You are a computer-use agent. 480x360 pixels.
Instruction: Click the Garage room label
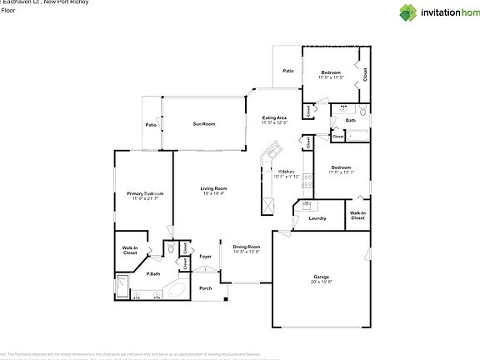click(322, 276)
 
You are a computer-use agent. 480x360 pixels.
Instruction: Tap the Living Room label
click(214, 188)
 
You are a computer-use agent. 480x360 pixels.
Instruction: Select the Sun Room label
click(204, 123)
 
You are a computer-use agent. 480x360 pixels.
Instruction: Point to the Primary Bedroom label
click(145, 193)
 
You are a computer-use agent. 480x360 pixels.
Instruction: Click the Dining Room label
click(247, 247)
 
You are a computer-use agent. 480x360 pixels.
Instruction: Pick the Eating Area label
click(275, 118)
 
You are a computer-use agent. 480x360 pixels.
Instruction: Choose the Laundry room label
click(317, 218)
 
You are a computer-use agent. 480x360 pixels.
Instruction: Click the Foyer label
click(206, 256)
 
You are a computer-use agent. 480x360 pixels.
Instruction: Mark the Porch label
click(205, 288)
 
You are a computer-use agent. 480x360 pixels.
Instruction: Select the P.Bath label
click(153, 274)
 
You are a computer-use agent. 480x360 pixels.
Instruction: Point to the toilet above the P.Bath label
click(169, 248)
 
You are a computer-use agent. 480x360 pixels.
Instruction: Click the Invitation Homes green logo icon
click(407, 12)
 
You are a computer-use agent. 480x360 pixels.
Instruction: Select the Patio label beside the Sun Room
click(151, 125)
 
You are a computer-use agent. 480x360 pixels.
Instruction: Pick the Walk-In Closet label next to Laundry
click(357, 216)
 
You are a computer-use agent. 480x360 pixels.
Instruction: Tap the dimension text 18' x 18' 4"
click(214, 194)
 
